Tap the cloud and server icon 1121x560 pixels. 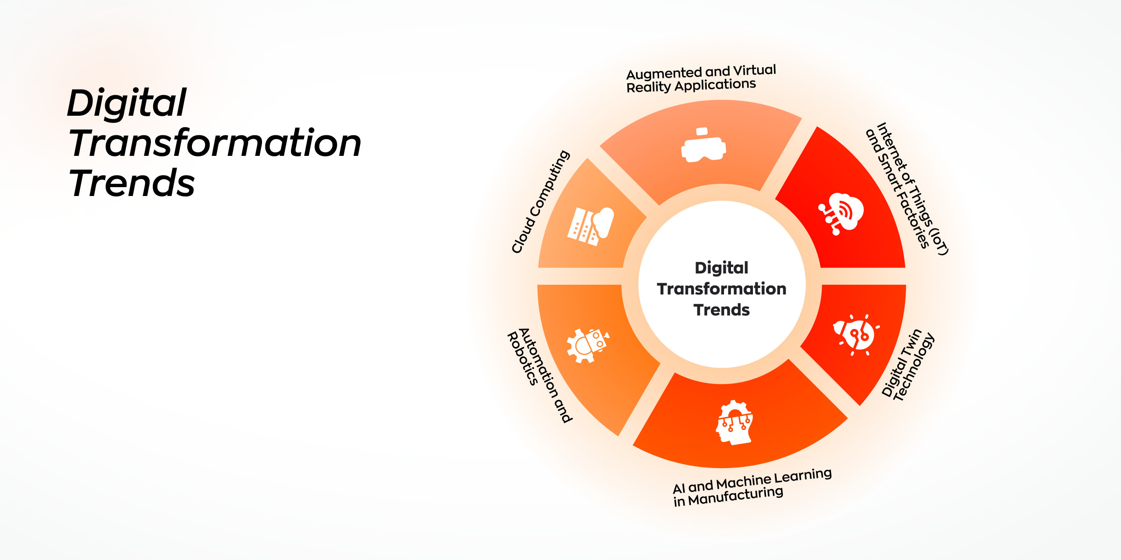pyautogui.click(x=590, y=226)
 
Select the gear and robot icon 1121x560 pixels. pyautogui.click(x=588, y=345)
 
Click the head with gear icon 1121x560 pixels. pyautogui.click(x=735, y=422)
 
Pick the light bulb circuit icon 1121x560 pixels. pyautogui.click(x=856, y=335)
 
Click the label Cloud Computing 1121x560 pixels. pyautogui.click(x=541, y=202)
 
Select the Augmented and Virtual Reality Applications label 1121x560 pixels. pyautogui.click(x=701, y=78)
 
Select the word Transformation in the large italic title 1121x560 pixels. pyautogui.click(x=215, y=143)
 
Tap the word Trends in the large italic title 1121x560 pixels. pyautogui.click(x=132, y=183)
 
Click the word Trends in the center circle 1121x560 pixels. pyautogui.click(x=722, y=310)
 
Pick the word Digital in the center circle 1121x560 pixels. pyautogui.click(x=722, y=268)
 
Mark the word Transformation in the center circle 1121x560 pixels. pyautogui.click(x=722, y=289)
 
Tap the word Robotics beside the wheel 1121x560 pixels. pyautogui.click(x=523, y=359)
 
